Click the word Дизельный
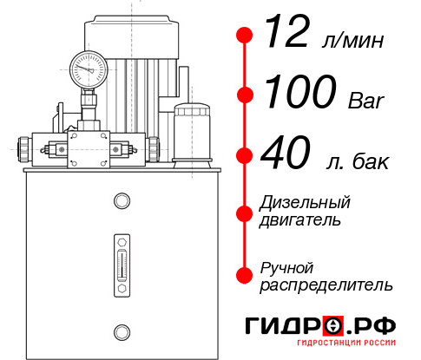click(x=306, y=203)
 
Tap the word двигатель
click(x=300, y=220)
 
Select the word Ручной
click(x=286, y=267)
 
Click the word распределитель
click(x=326, y=284)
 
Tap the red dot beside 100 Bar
click(x=245, y=94)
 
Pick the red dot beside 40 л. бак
click(x=245, y=156)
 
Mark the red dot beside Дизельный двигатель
click(x=245, y=212)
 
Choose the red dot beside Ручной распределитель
click(x=245, y=274)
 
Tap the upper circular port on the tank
click(x=122, y=202)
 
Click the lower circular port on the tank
click(x=122, y=331)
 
